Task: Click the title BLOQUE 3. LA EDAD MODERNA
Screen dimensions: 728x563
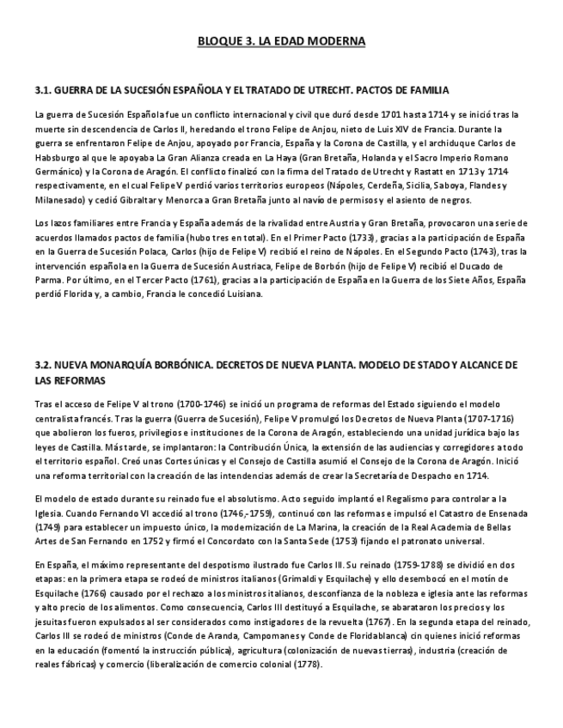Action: pos(281,40)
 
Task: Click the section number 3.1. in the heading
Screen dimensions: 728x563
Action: pos(45,89)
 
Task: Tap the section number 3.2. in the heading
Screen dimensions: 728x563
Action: pos(45,366)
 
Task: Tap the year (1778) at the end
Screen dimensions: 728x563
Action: pos(308,664)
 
